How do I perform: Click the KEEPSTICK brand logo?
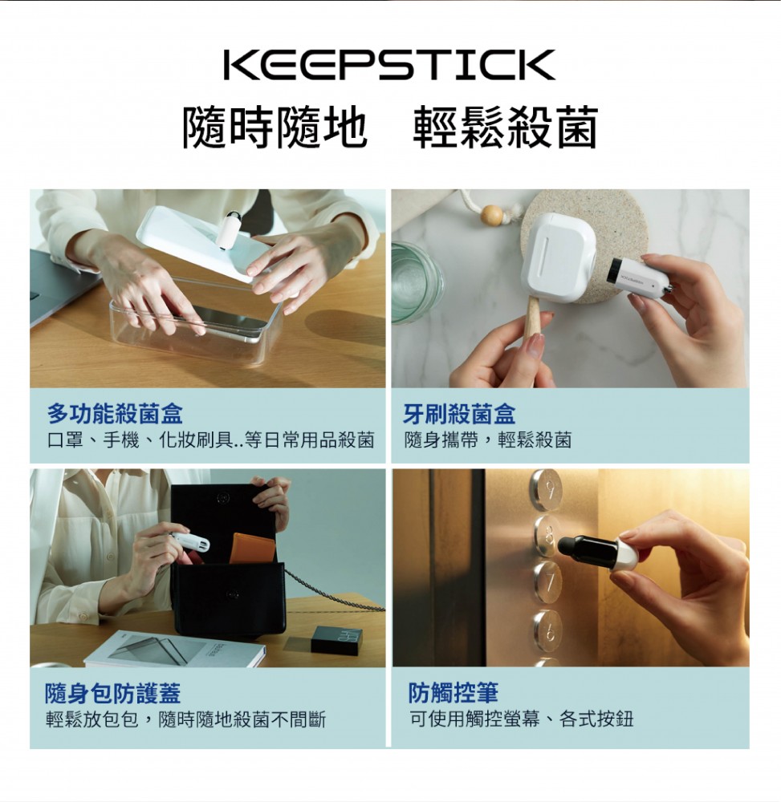[389, 64]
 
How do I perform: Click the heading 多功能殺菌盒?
[115, 414]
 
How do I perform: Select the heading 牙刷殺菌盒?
[459, 414]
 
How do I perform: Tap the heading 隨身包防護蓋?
[113, 694]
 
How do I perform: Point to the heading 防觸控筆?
[454, 694]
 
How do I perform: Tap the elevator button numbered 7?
[547, 583]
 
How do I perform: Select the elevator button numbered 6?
[547, 632]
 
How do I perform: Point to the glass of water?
[418, 283]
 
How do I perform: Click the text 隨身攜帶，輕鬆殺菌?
[488, 439]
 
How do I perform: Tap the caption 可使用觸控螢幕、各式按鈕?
[521, 719]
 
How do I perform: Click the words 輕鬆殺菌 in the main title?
[505, 128]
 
